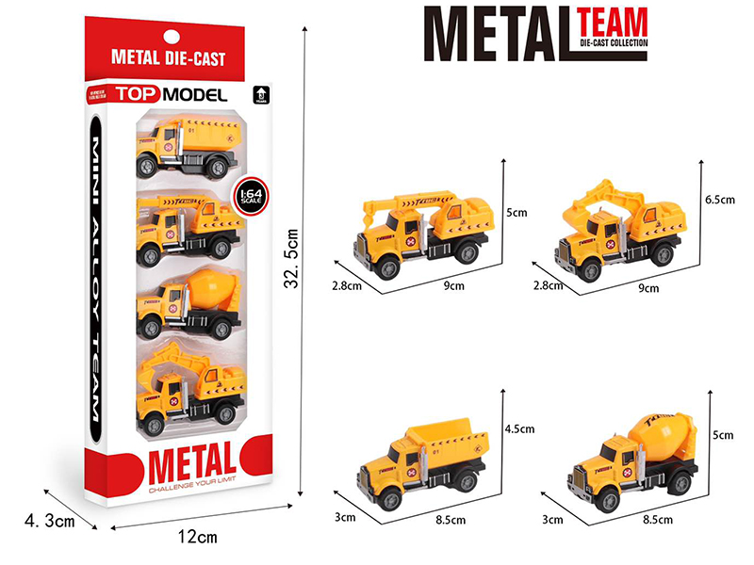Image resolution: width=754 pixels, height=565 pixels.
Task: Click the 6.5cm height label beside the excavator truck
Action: click(x=719, y=201)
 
